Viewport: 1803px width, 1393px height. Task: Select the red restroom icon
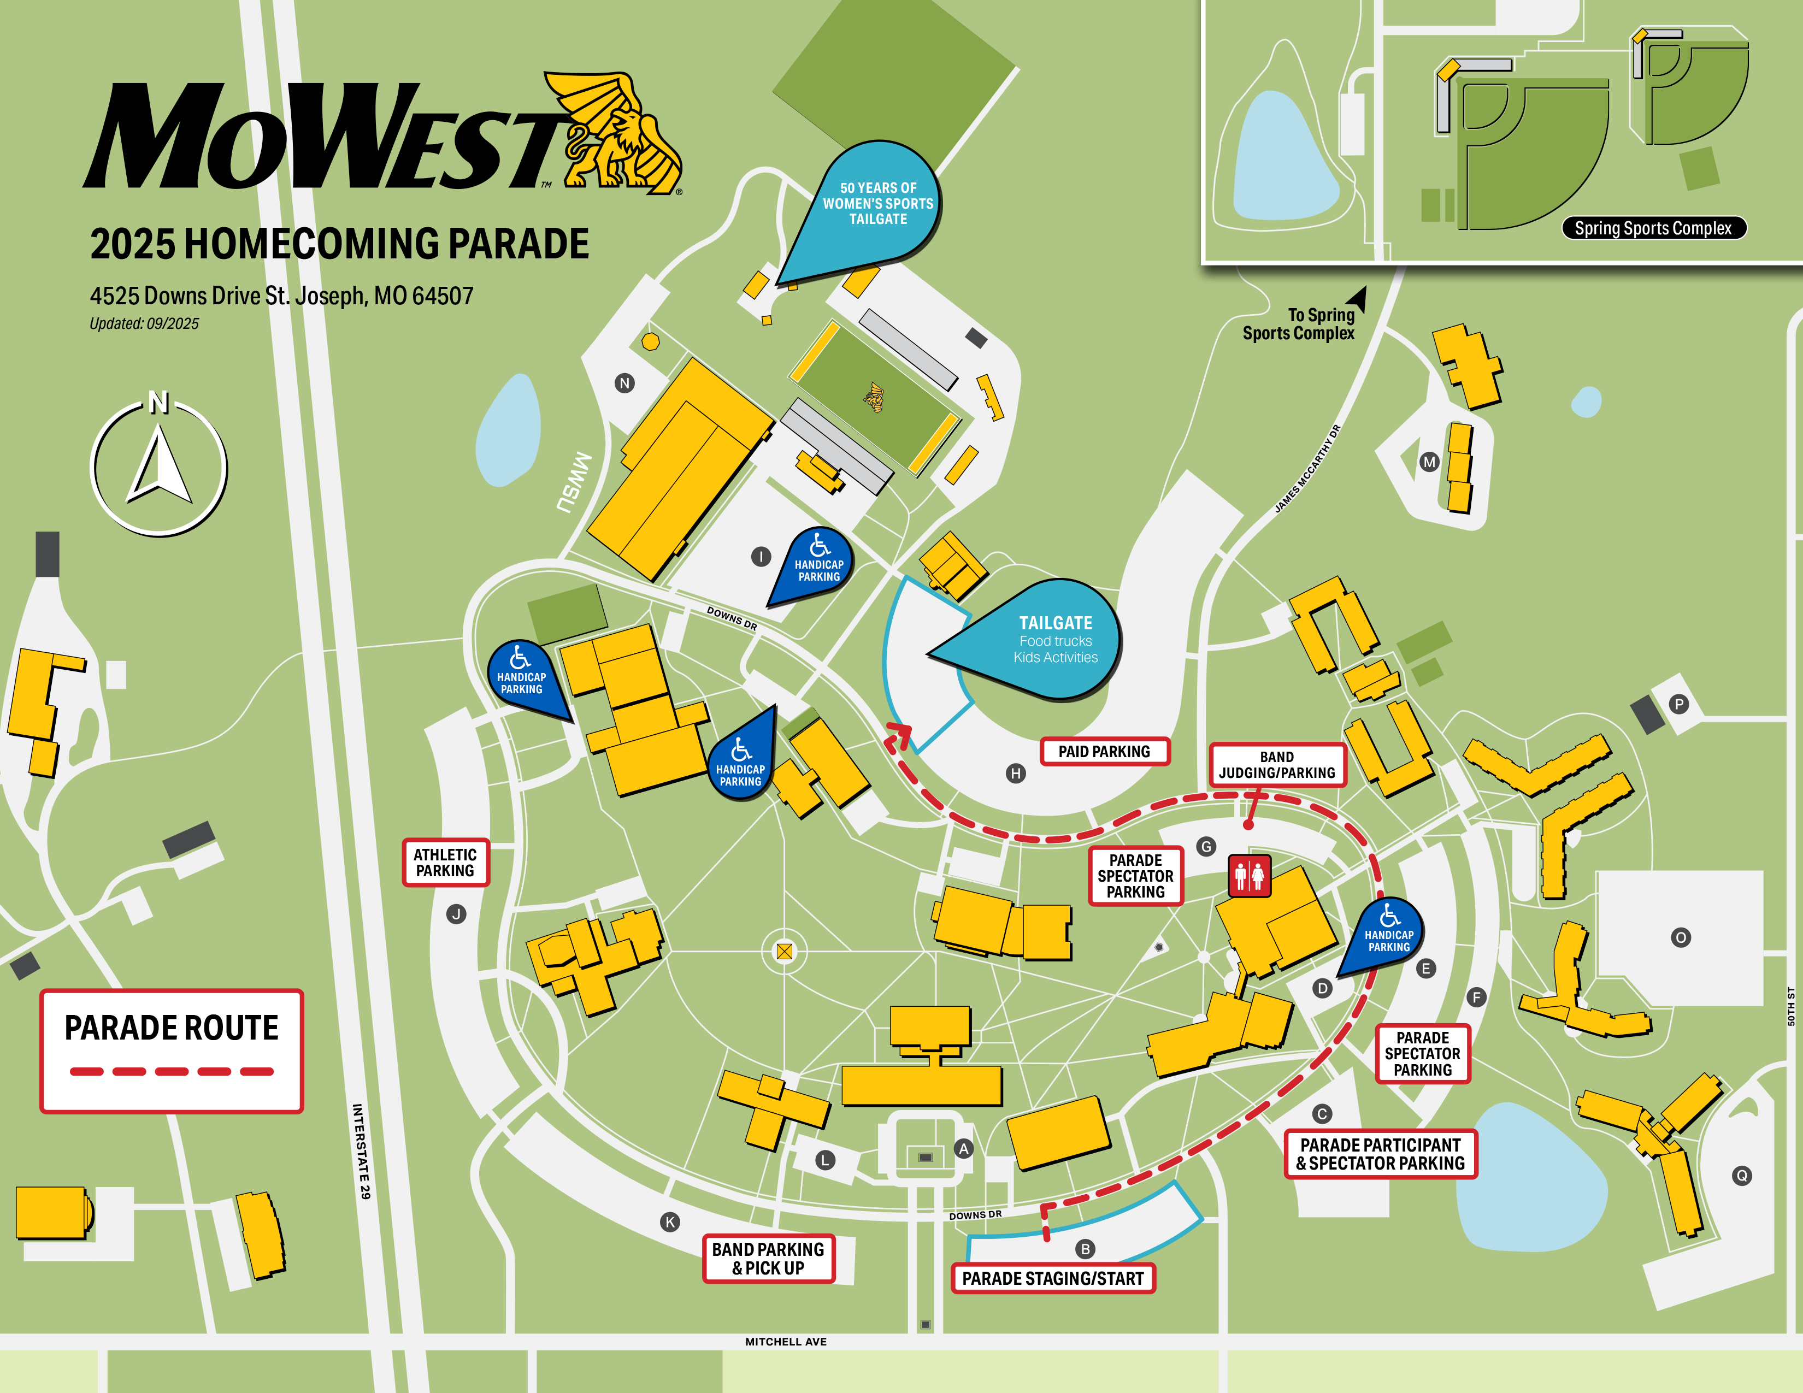click(1249, 875)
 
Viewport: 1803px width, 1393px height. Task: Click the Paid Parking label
click(1104, 752)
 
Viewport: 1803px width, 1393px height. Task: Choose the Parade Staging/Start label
click(1053, 1278)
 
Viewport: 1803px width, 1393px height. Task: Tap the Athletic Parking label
click(445, 863)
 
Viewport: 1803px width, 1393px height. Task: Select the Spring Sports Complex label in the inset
click(1653, 228)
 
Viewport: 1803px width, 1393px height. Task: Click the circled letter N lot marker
click(625, 383)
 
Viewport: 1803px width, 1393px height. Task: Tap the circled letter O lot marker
click(1681, 937)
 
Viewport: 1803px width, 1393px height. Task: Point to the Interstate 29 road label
click(362, 1151)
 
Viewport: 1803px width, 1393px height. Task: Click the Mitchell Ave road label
click(785, 1342)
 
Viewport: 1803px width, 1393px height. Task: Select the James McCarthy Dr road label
click(1307, 469)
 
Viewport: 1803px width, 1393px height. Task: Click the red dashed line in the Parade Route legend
click(171, 1071)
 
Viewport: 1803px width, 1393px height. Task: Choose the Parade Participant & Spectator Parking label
click(1380, 1154)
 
